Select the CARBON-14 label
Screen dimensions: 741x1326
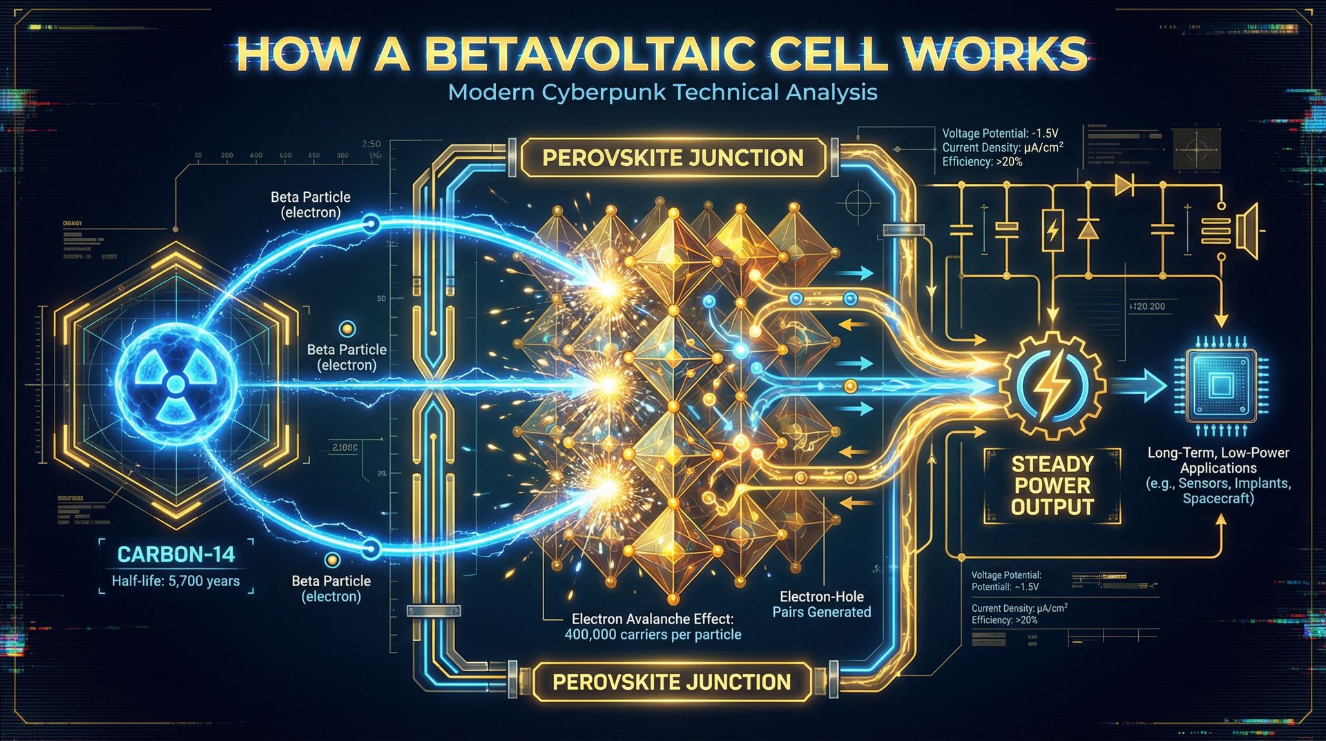(x=176, y=554)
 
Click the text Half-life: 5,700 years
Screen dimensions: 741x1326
(x=176, y=581)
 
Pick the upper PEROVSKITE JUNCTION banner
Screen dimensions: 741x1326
(x=673, y=158)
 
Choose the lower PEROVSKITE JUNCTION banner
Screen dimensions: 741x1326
(x=671, y=682)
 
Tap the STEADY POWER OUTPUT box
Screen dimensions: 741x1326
(x=1052, y=485)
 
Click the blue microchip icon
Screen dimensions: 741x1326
(x=1220, y=385)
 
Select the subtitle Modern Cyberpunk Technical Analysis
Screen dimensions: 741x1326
(x=662, y=92)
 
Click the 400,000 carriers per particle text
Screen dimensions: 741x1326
(x=653, y=635)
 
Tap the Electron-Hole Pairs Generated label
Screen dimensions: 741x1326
(x=821, y=604)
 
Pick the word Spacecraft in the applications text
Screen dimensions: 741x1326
(x=1218, y=498)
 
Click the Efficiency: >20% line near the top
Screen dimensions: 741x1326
(x=982, y=162)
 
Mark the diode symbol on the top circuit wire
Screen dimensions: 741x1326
(x=1123, y=185)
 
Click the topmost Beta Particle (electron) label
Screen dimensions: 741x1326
(x=311, y=205)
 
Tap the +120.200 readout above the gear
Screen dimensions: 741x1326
(x=1146, y=306)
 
